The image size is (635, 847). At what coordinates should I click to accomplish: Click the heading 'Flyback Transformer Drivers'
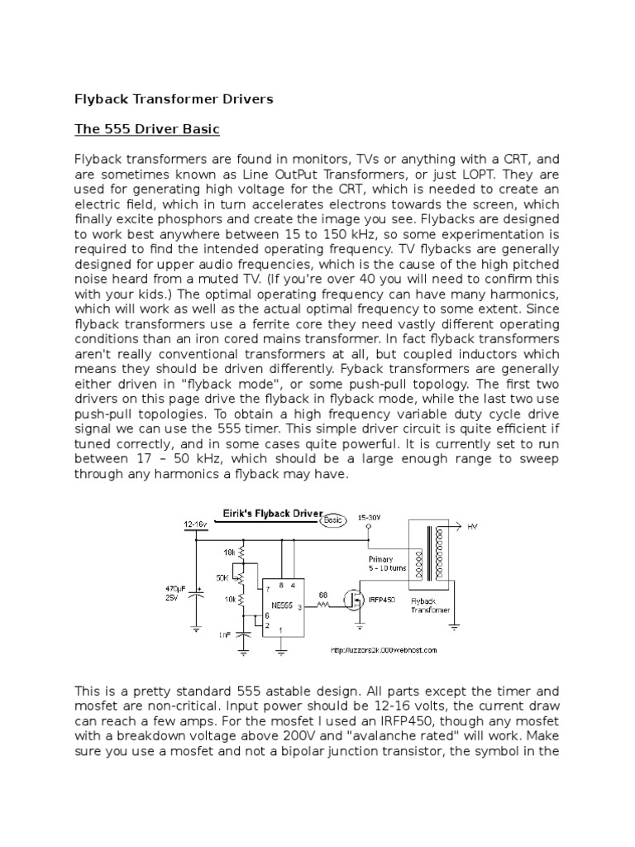pyautogui.click(x=174, y=99)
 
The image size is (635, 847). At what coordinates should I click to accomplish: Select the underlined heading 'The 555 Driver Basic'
pyautogui.click(x=147, y=130)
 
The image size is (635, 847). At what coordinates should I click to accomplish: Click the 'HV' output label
pyautogui.click(x=473, y=525)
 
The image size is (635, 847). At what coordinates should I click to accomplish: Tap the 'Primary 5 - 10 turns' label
pyautogui.click(x=386, y=564)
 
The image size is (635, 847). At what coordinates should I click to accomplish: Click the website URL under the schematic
pyautogui.click(x=384, y=649)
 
